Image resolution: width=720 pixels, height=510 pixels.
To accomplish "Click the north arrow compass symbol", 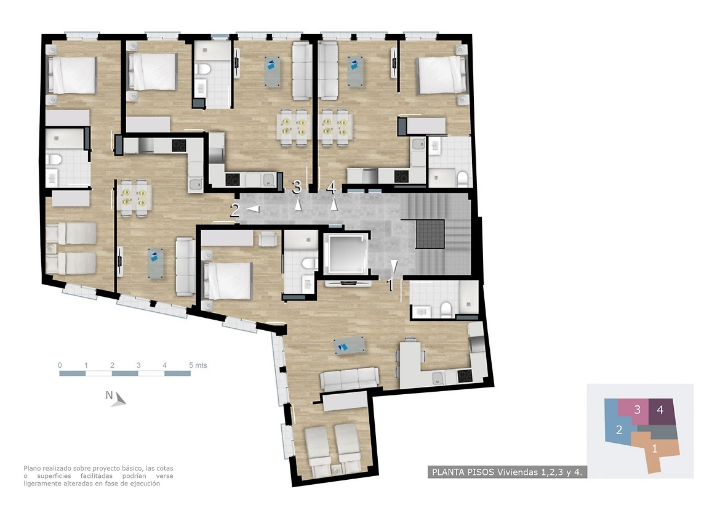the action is click(x=119, y=399).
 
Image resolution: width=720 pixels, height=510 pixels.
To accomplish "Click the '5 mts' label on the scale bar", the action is click(x=198, y=365).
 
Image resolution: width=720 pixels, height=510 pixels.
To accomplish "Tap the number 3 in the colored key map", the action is click(x=638, y=410).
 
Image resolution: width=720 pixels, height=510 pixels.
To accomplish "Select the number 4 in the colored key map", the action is click(x=660, y=410).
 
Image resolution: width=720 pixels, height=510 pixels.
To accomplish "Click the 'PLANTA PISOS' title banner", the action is click(x=507, y=472).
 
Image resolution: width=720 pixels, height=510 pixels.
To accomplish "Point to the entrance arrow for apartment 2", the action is click(x=252, y=209).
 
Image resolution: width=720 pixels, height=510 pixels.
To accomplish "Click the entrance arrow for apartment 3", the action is click(x=298, y=204).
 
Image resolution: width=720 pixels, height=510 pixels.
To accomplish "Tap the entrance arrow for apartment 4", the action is click(x=334, y=204).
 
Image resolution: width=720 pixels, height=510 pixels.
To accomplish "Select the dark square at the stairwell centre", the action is click(x=430, y=234).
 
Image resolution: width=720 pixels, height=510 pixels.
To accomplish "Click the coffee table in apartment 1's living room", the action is click(x=350, y=346).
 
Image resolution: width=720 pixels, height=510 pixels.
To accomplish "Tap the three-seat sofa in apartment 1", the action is click(x=350, y=379).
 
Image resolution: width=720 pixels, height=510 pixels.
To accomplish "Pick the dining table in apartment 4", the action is click(x=335, y=126).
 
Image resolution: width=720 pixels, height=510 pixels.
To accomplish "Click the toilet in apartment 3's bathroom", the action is click(x=203, y=70).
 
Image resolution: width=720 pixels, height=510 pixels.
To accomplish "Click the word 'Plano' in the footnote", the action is click(x=32, y=468).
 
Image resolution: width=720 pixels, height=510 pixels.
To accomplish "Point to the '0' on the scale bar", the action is click(x=60, y=365).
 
